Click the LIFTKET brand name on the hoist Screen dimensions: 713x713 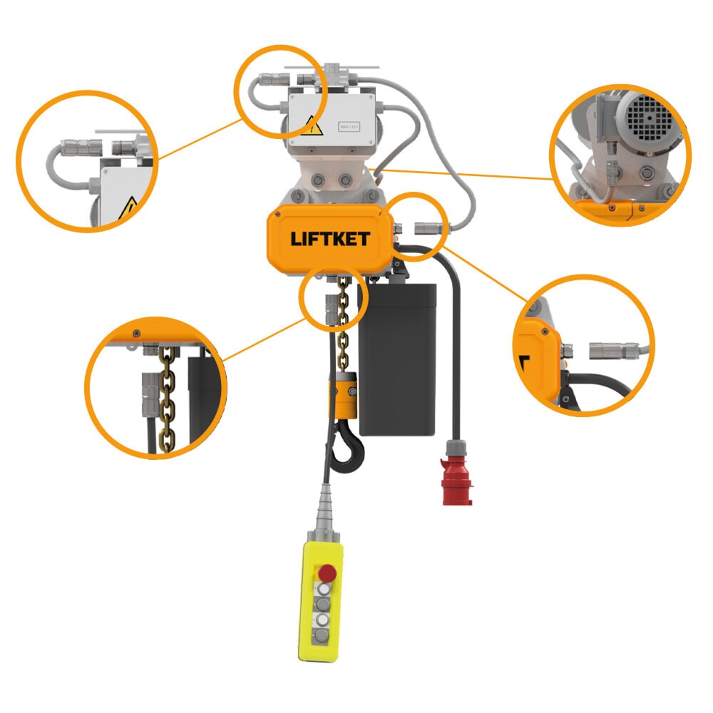(x=329, y=239)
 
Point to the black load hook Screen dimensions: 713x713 (x=349, y=449)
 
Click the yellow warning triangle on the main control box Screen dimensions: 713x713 (x=312, y=127)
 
